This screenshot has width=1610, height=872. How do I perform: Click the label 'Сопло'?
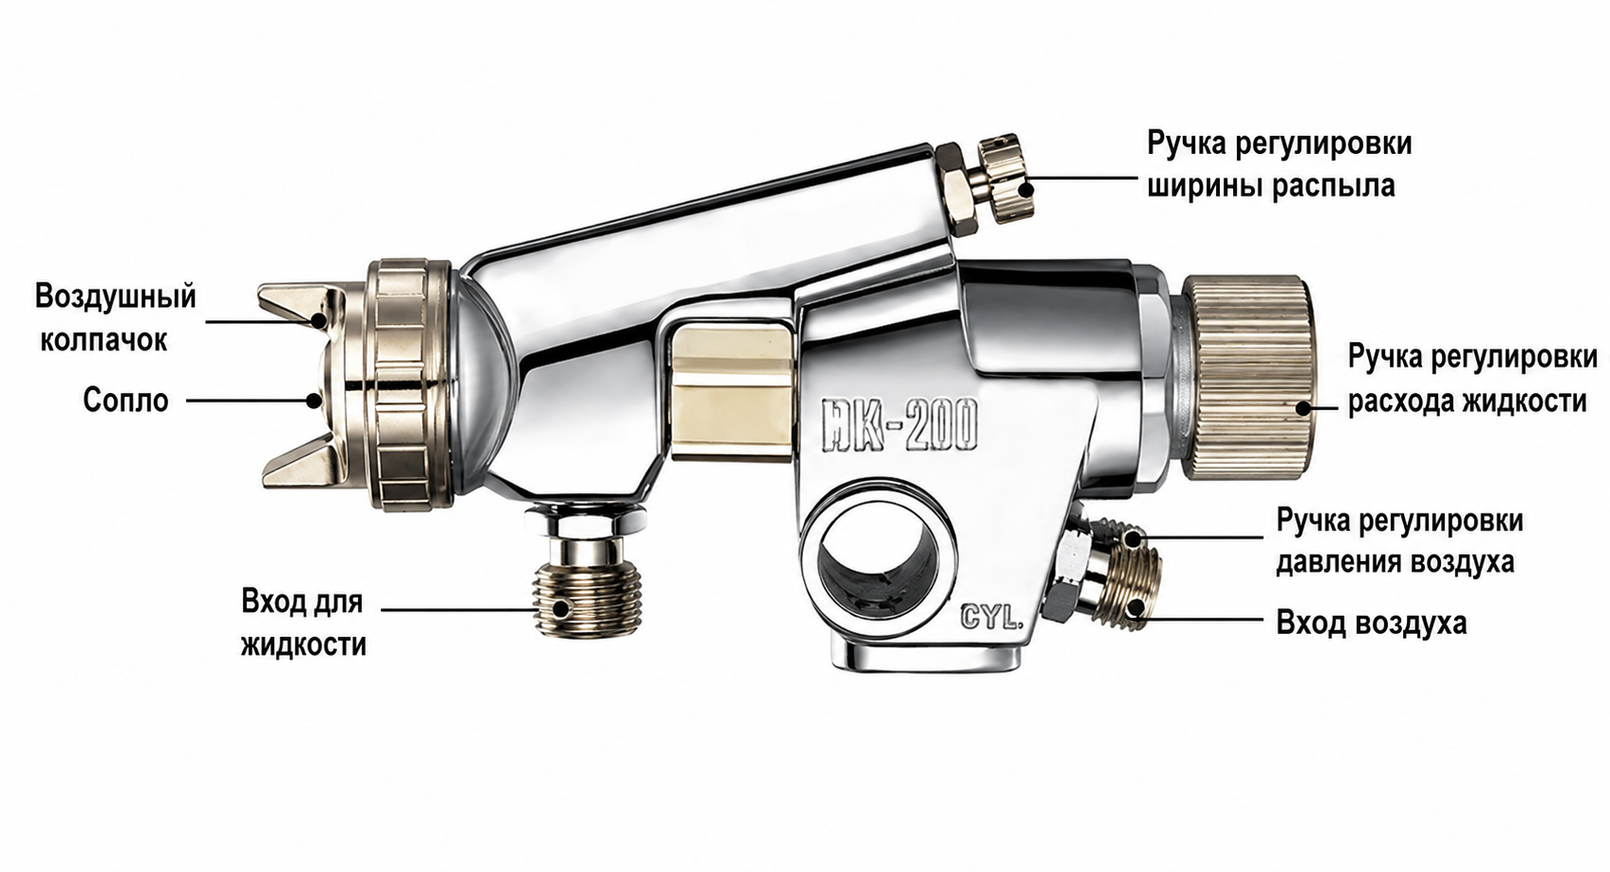click(125, 401)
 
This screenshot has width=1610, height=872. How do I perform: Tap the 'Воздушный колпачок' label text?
click(115, 318)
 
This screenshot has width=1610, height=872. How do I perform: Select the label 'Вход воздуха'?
click(1371, 623)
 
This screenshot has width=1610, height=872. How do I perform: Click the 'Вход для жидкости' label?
click(303, 623)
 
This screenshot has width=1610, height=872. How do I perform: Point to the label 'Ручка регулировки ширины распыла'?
click(1279, 163)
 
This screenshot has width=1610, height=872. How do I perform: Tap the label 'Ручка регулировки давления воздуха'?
click(1399, 540)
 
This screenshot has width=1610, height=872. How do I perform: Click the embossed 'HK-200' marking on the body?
click(899, 425)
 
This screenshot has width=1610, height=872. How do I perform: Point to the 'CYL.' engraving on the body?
click(990, 618)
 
